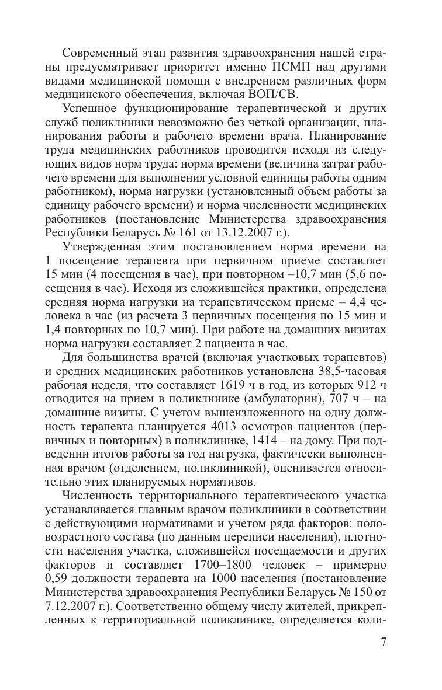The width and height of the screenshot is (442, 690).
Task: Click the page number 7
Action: pyautogui.click(x=383, y=643)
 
